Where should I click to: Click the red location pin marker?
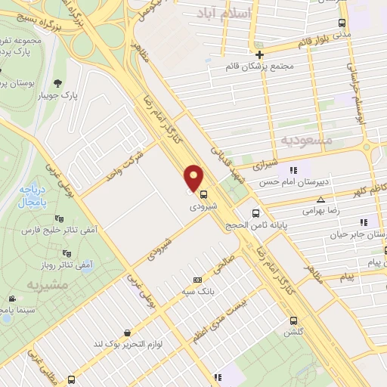coord(194,178)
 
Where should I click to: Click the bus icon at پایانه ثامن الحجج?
coord(257,213)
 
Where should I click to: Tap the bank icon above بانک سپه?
coord(198,280)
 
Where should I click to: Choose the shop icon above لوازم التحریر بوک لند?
coord(127,332)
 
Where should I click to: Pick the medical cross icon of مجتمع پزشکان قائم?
coord(259,54)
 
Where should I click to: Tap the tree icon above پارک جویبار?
coord(58,84)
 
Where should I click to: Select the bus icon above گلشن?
coord(293,320)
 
